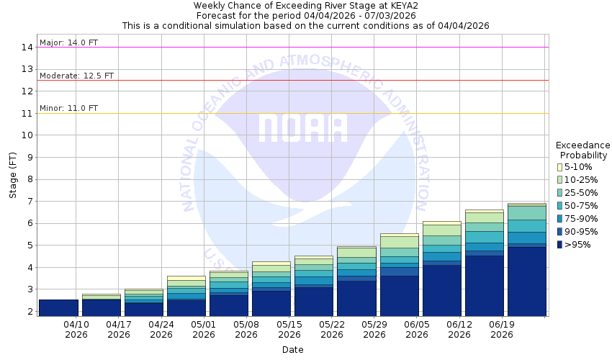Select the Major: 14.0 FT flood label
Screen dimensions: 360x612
(x=68, y=42)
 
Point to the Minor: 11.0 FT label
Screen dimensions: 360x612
(x=68, y=108)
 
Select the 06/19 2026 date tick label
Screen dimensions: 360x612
(x=501, y=329)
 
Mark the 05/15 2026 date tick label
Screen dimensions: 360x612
(x=289, y=329)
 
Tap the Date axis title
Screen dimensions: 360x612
(x=292, y=350)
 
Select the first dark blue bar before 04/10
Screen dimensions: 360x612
(x=58, y=307)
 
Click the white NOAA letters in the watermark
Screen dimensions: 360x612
(x=302, y=128)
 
